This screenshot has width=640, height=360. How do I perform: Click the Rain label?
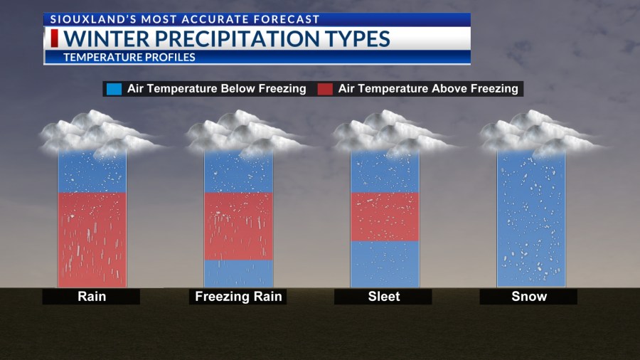(91, 297)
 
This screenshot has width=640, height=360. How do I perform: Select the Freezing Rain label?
(238, 297)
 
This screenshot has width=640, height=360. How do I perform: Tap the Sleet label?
(384, 297)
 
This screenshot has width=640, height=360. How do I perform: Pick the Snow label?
(529, 297)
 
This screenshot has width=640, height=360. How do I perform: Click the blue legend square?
(113, 89)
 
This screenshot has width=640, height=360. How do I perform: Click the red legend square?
(325, 89)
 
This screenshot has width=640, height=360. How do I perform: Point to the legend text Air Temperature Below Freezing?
(216, 89)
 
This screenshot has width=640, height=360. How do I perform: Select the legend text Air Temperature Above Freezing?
(428, 89)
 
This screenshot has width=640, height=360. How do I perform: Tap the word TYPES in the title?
(351, 38)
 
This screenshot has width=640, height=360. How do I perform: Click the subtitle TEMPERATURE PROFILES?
(129, 58)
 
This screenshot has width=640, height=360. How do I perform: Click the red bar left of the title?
(55, 38)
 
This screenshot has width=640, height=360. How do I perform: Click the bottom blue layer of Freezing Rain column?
(238, 273)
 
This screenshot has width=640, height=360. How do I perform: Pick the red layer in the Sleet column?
(385, 216)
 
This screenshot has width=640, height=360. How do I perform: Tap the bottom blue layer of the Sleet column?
(385, 263)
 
